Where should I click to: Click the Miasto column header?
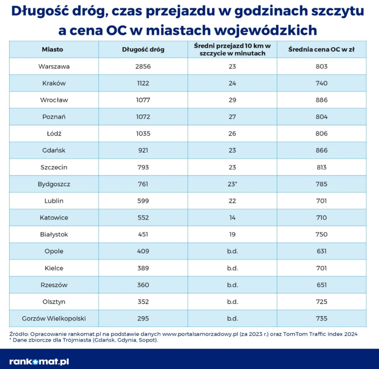coord(53,49)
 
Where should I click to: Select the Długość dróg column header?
coord(143,49)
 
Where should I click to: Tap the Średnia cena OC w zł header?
coord(321,49)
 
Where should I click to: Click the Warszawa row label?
coord(53,67)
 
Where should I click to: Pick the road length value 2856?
coord(143,67)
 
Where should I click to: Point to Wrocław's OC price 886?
coord(321,100)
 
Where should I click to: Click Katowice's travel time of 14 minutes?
coord(232,218)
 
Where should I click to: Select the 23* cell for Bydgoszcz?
coord(233,184)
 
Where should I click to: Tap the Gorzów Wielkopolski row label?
coord(53,318)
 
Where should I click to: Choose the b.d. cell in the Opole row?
coord(232,251)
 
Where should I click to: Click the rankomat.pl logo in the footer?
coord(39,361)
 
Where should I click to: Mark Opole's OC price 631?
coord(321,251)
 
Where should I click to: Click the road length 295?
coord(143,318)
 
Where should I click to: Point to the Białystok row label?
coord(53,235)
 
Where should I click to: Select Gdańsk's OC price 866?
coord(321,151)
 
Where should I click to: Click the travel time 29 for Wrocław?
coord(232,100)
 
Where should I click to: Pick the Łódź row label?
coord(53,134)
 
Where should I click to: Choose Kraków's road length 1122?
coord(143,83)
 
